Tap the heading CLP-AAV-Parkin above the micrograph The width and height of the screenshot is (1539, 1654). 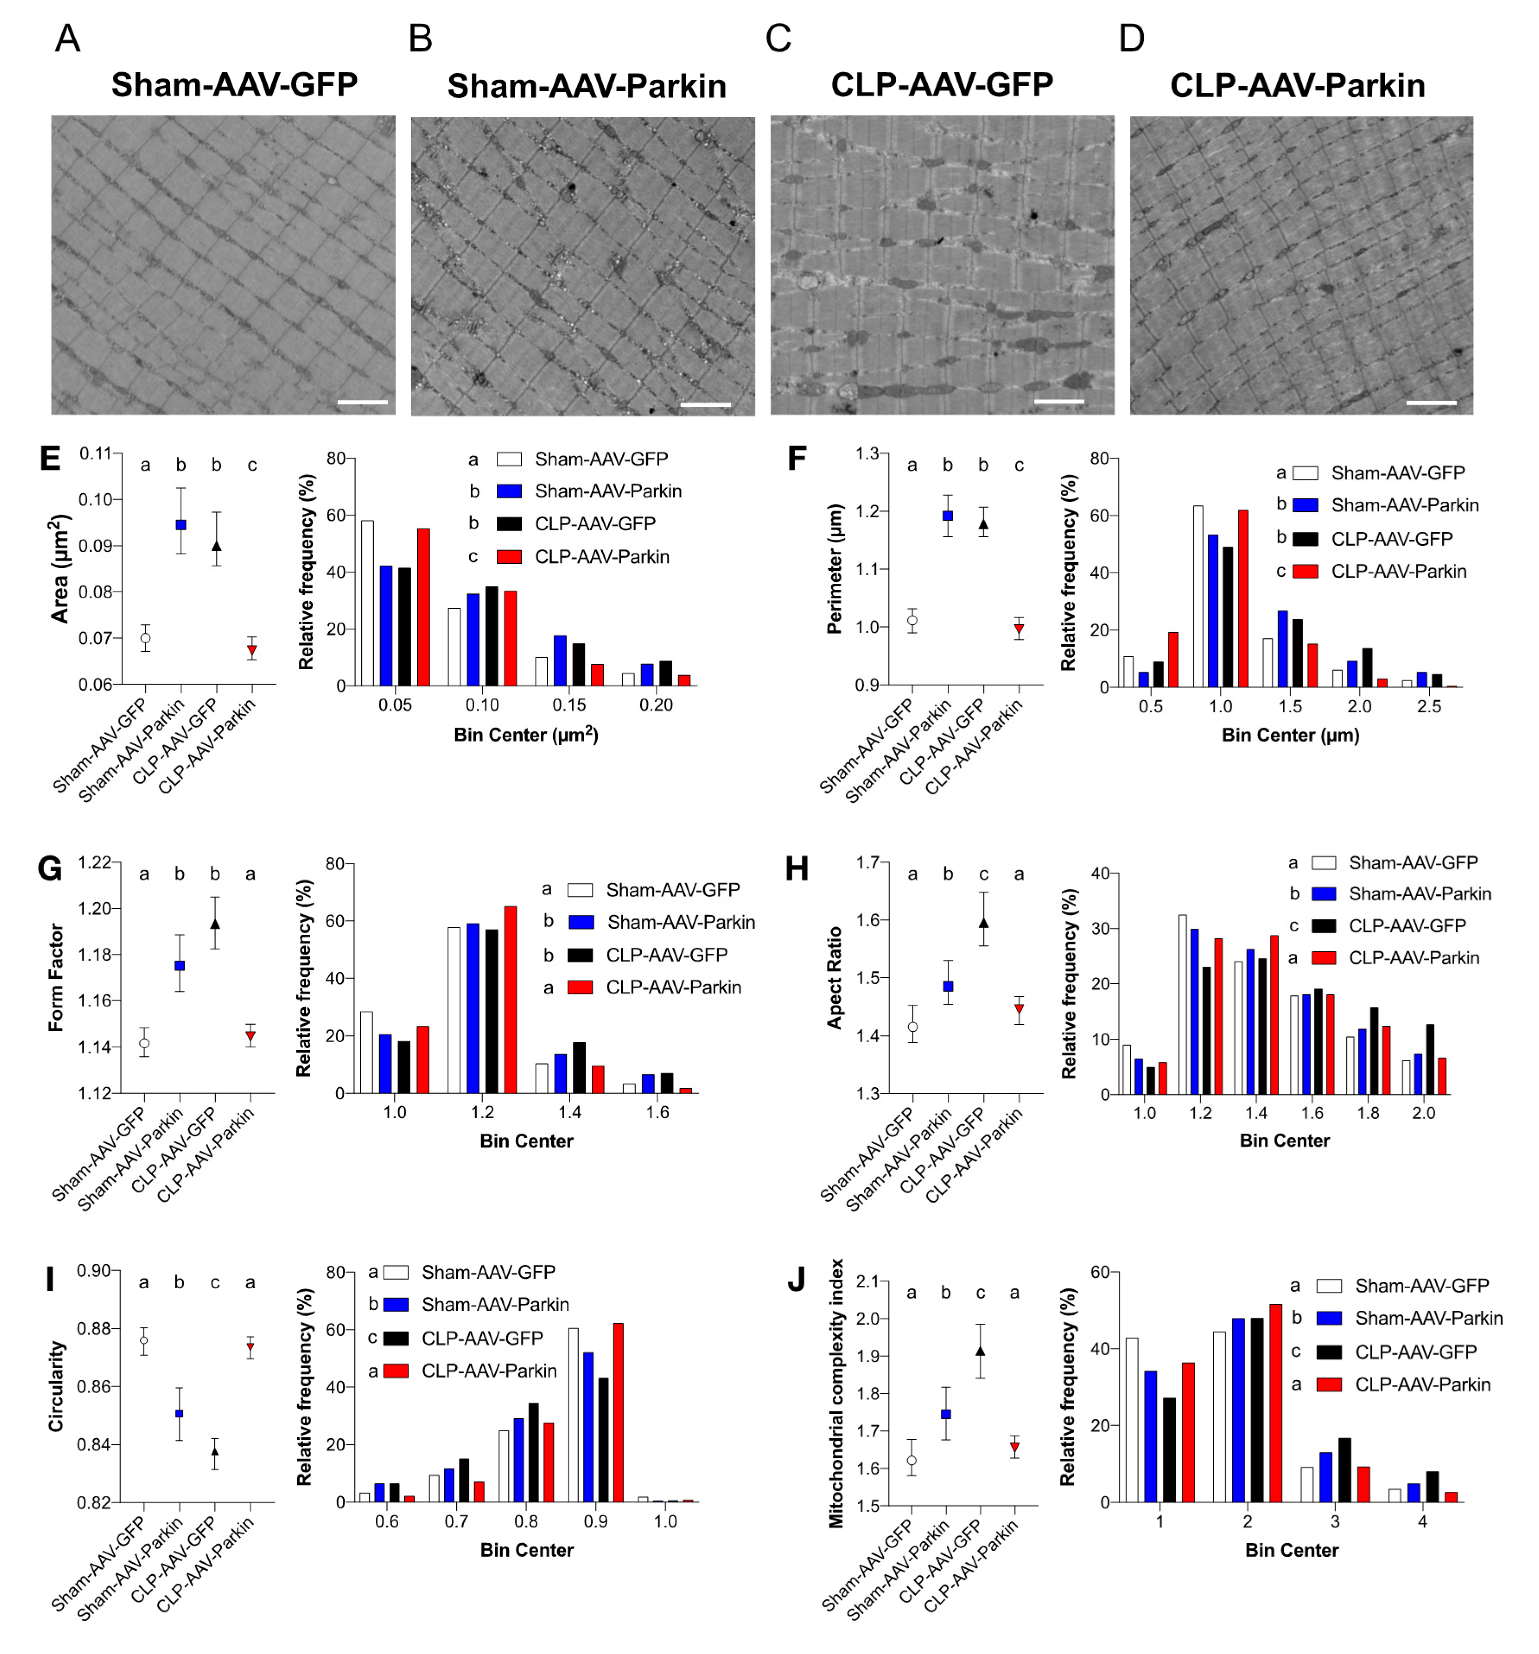1297,85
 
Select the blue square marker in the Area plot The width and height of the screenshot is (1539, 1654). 181,525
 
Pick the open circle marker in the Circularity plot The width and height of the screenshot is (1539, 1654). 144,1340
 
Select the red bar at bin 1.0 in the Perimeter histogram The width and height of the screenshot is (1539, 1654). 1243,598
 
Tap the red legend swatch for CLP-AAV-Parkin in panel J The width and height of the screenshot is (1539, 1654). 1329,1385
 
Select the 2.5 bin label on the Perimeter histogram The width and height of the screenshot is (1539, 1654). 1428,706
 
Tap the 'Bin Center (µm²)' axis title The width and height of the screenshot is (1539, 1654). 526,735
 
